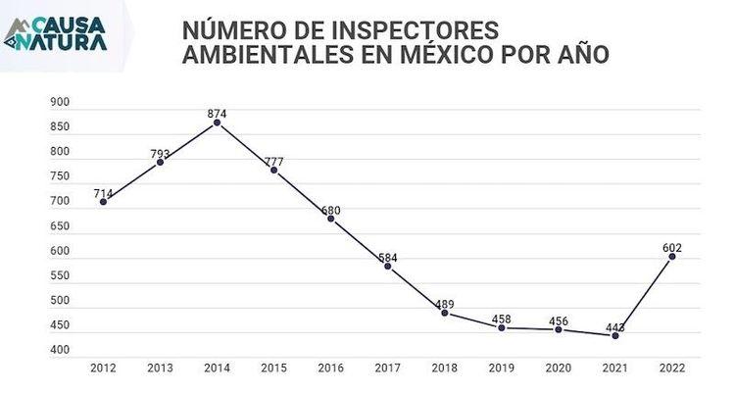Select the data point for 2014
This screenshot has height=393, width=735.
[x=217, y=123]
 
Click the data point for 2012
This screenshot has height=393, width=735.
[x=103, y=202]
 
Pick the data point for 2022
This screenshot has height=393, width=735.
[x=672, y=257]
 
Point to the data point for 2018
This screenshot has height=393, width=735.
[x=445, y=313]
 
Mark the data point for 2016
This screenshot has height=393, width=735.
[x=330, y=219]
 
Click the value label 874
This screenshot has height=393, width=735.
[x=217, y=114]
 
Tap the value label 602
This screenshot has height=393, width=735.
[x=671, y=247]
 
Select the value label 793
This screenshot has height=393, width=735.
[x=160, y=153]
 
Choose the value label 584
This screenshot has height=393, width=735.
[x=387, y=257]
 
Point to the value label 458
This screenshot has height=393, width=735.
[x=502, y=319]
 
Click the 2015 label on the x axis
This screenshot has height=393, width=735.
[x=273, y=368]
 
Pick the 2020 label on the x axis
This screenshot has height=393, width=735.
[x=558, y=368]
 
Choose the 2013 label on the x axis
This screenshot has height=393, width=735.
[x=160, y=368]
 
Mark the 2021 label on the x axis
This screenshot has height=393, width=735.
[x=614, y=368]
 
